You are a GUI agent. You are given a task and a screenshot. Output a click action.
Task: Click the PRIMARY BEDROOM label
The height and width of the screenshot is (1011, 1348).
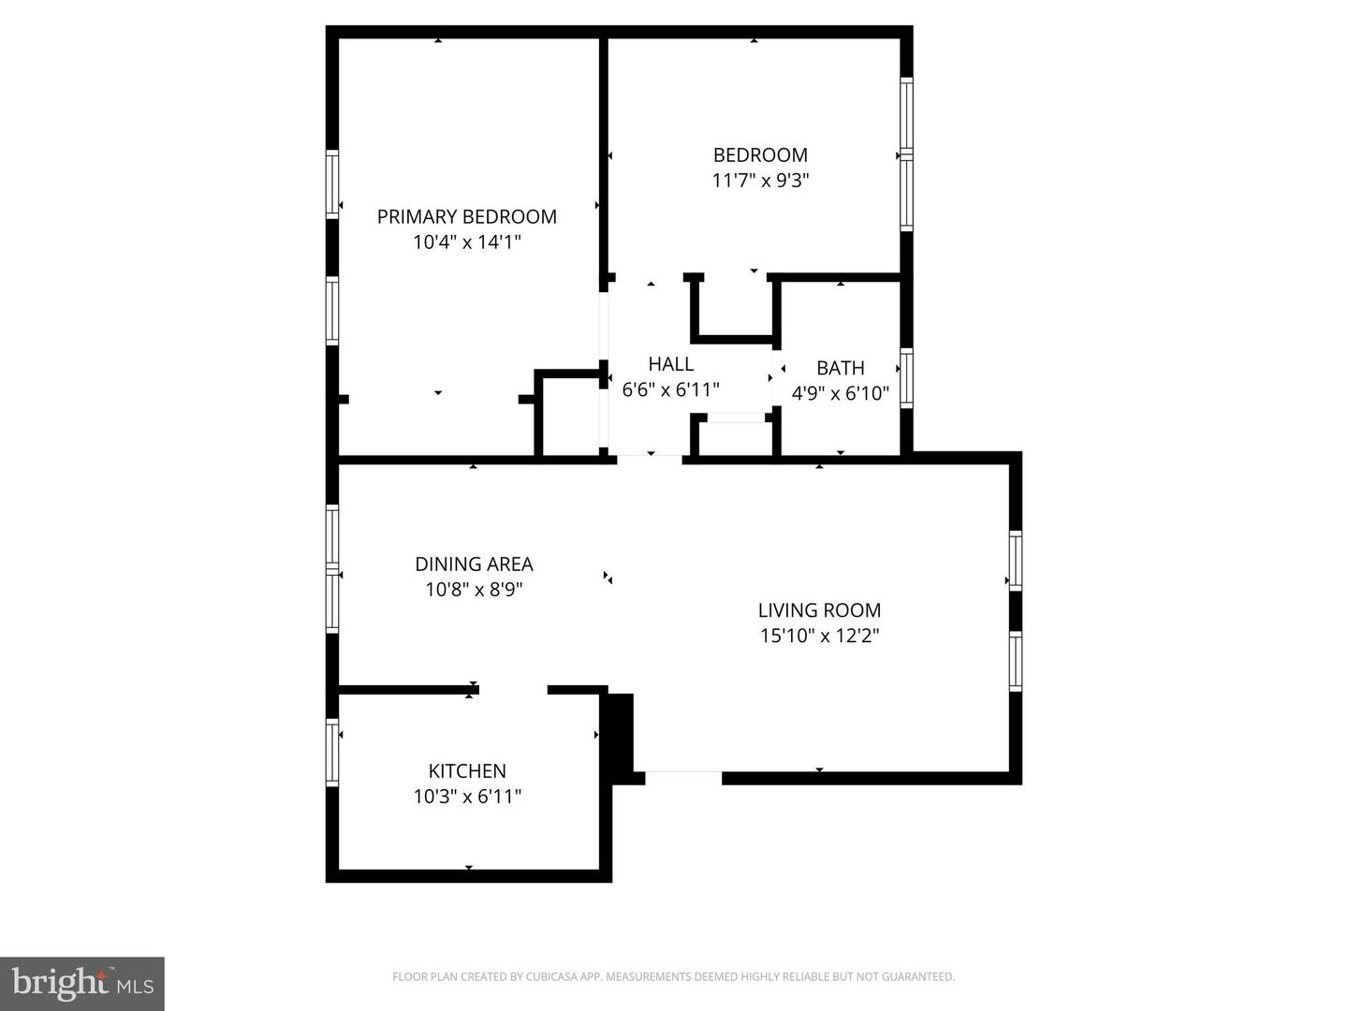tap(466, 217)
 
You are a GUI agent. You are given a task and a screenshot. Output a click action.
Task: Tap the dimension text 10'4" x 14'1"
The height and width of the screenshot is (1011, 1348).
tap(466, 242)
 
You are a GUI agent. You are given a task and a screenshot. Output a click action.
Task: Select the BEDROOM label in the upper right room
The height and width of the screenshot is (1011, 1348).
tap(760, 155)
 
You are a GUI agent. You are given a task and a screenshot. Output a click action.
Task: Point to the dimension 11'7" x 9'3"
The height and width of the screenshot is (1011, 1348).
tap(760, 181)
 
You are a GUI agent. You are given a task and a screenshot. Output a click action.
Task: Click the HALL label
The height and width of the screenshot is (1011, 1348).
tap(671, 364)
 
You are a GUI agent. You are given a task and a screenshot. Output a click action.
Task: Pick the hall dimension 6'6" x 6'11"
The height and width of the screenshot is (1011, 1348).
tap(671, 389)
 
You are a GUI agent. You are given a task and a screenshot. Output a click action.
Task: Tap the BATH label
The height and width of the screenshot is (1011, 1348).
tap(840, 368)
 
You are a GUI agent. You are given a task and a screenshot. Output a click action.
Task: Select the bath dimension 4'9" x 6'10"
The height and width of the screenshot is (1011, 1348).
tap(840, 393)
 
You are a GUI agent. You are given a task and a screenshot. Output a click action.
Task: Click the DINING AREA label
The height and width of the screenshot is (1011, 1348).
tap(474, 564)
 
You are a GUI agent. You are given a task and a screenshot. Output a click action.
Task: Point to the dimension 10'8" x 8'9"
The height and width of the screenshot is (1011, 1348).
tap(474, 590)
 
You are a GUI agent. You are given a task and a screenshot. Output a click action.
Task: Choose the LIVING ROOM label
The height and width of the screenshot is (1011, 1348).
tap(819, 610)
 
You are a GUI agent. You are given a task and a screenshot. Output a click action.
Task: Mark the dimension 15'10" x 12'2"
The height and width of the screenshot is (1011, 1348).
tap(819, 636)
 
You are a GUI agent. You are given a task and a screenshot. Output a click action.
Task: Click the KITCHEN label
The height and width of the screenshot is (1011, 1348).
tap(467, 771)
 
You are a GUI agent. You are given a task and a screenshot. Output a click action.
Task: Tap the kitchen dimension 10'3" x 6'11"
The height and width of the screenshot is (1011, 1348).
tap(467, 797)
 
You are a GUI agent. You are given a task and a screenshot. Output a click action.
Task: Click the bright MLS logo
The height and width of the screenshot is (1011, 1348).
tap(82, 983)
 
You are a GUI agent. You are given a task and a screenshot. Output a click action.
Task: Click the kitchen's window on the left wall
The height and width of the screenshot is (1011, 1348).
tap(332, 751)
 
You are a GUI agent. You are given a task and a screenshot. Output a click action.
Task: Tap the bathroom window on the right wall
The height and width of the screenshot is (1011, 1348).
tap(906, 378)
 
